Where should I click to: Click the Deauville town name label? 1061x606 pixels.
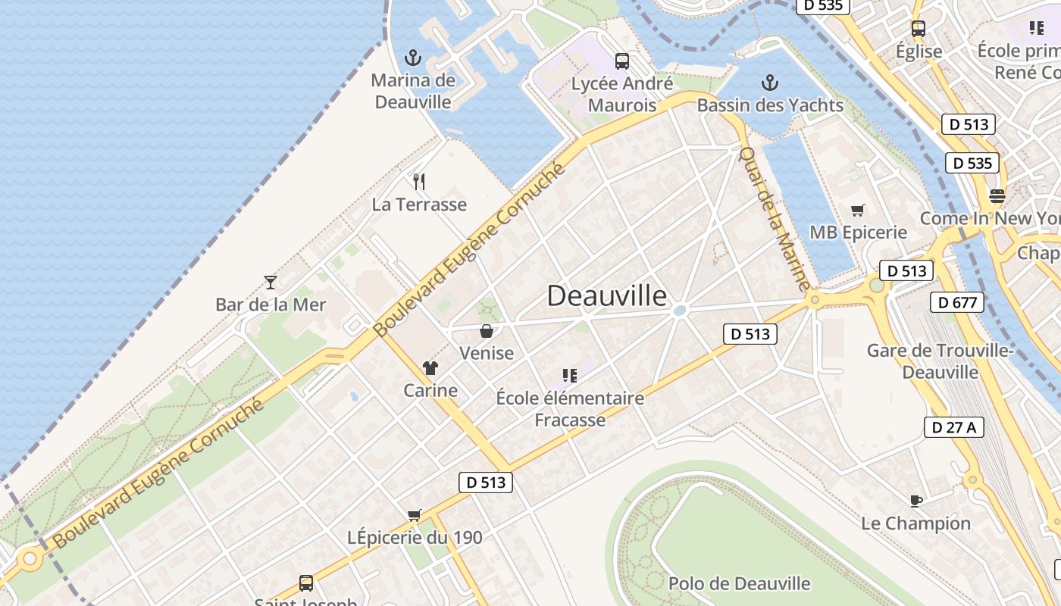point(606,296)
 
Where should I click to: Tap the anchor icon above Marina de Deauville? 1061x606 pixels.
point(413,58)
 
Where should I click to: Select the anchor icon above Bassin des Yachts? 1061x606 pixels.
point(770,83)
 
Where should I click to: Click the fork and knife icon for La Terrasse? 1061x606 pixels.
point(419,182)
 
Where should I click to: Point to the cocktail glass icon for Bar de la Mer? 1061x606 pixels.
point(271,283)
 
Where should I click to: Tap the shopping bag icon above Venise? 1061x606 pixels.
point(487,331)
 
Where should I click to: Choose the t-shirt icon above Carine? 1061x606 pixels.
point(430,369)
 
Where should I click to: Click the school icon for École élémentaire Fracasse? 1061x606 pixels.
point(570,375)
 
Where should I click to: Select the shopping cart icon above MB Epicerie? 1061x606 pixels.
point(858,210)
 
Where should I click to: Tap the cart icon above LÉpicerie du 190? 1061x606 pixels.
point(414,516)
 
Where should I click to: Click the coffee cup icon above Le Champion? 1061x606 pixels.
point(915,501)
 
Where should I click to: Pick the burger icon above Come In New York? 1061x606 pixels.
point(997,196)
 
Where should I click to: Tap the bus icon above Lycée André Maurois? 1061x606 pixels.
point(622,61)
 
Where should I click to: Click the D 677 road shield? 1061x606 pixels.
point(956,303)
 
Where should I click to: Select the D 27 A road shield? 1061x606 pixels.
point(954,427)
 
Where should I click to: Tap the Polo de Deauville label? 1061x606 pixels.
point(739,584)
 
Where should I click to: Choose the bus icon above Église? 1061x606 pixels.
point(919,30)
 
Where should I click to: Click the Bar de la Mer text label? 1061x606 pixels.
point(271,305)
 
